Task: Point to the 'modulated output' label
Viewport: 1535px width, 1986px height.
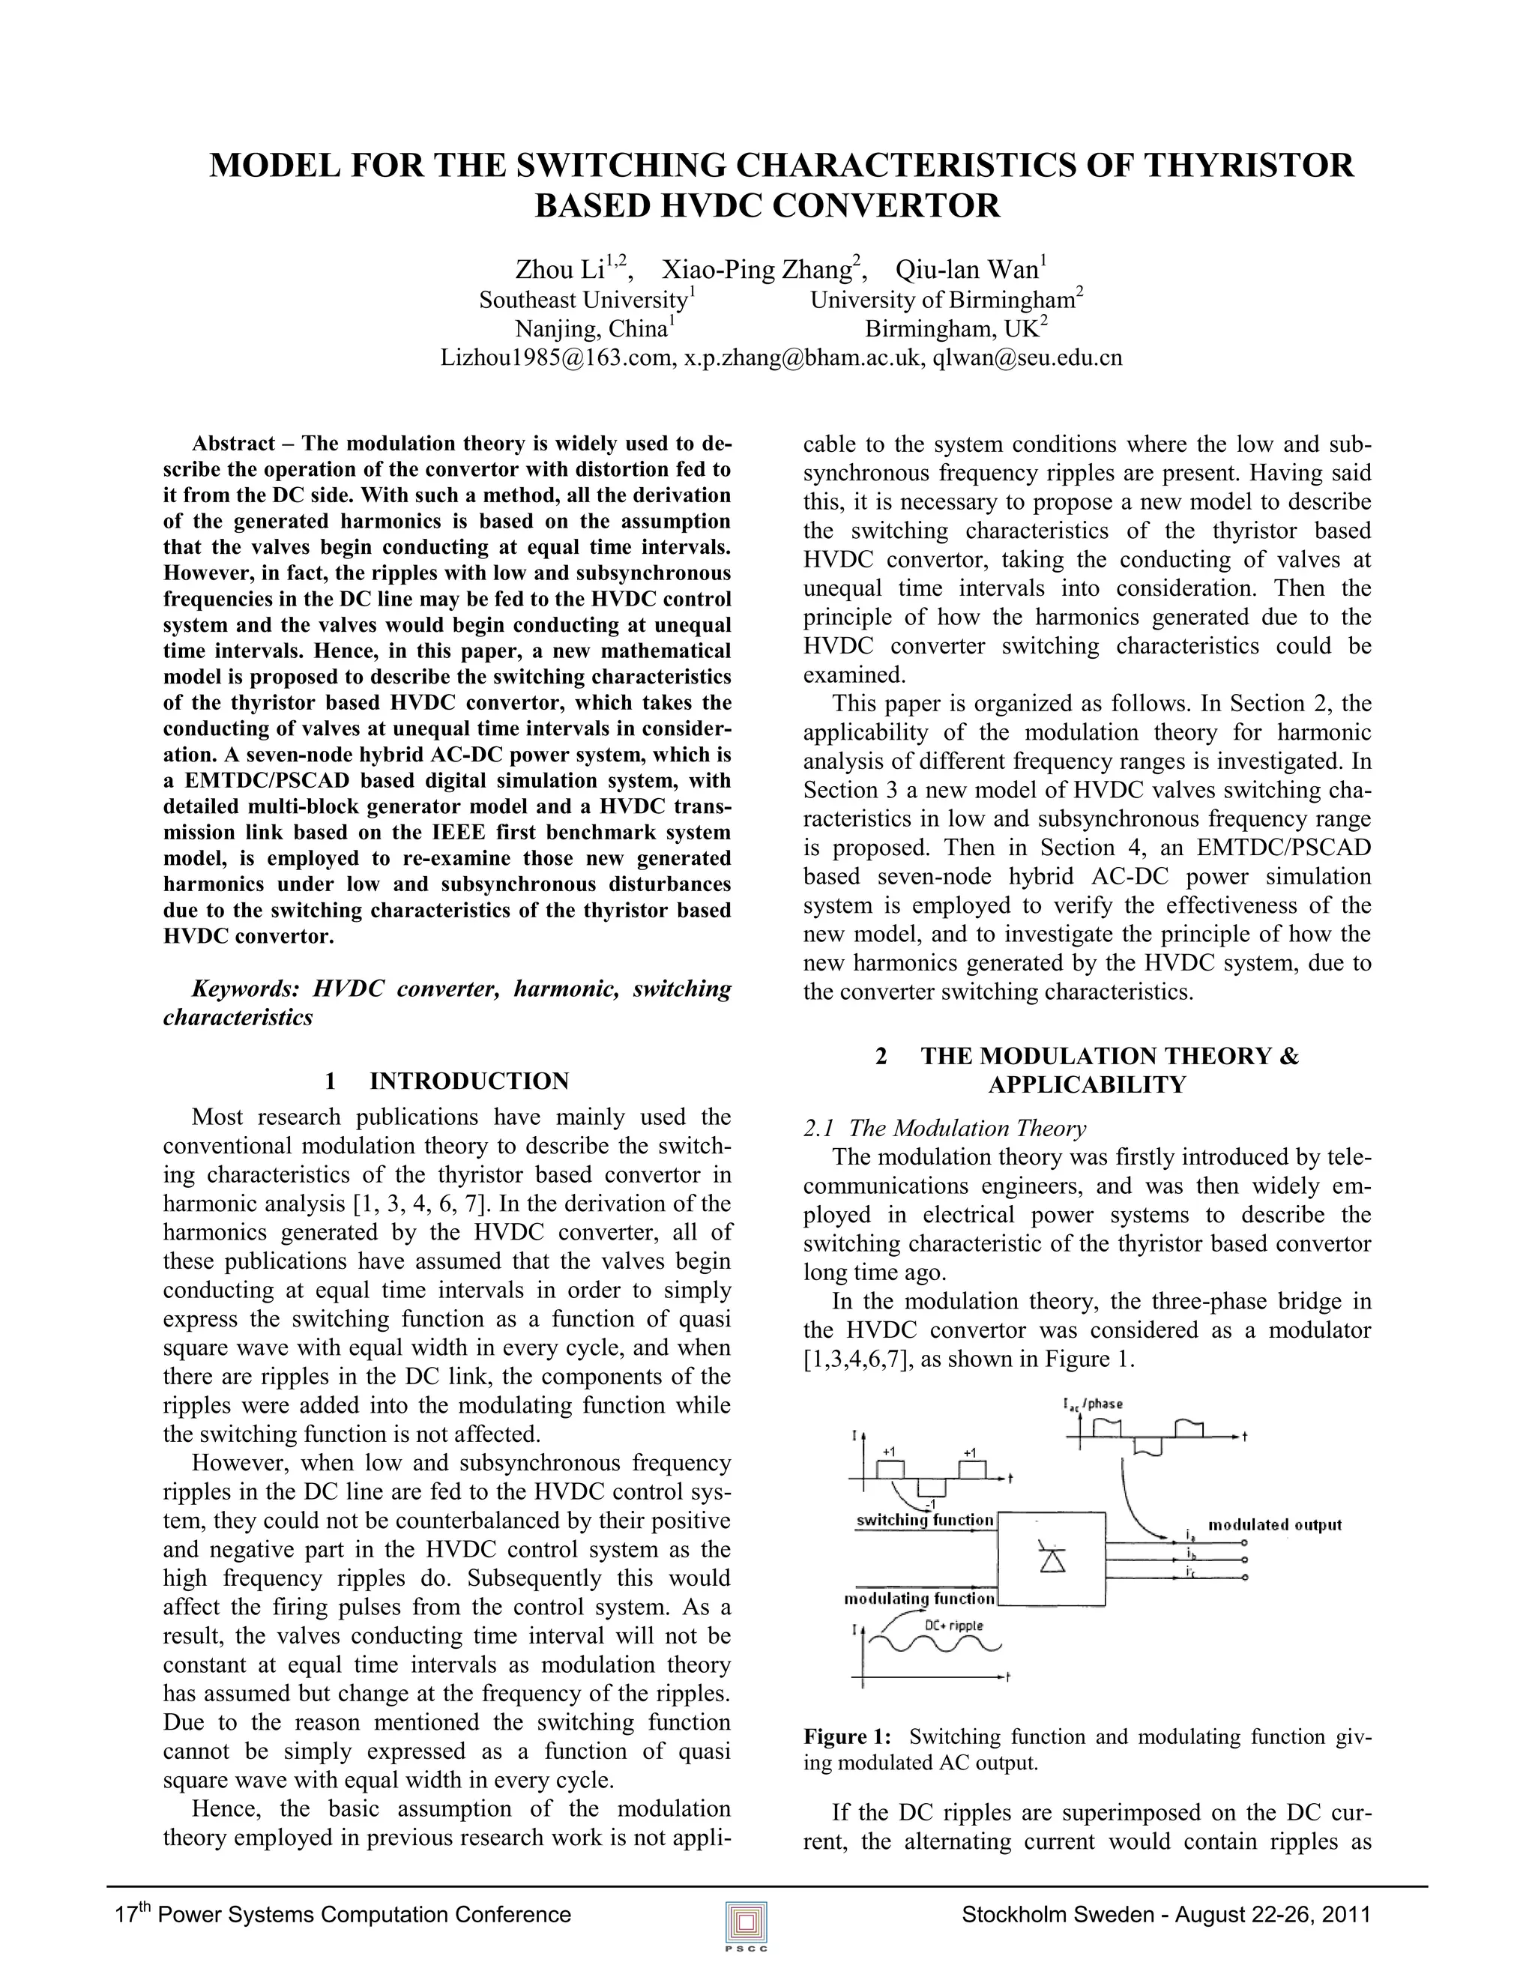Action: (x=1274, y=1525)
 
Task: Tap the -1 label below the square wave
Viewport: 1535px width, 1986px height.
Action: (x=929, y=1501)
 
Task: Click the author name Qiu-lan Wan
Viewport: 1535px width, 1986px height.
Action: (x=968, y=270)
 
